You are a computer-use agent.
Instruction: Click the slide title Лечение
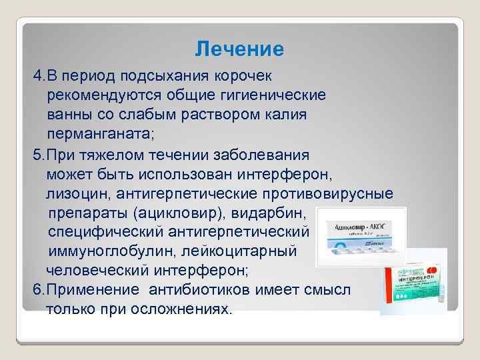[239, 49]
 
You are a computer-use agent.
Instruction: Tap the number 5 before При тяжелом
[37, 155]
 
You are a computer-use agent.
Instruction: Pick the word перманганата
[99, 134]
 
